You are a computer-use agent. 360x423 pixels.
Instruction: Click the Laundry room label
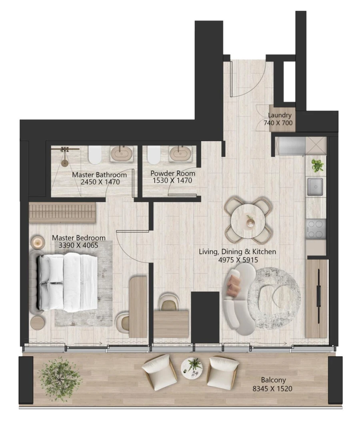pyautogui.click(x=280, y=116)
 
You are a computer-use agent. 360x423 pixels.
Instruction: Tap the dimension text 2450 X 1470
pyautogui.click(x=100, y=182)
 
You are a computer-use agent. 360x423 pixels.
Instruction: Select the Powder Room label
pyautogui.click(x=173, y=174)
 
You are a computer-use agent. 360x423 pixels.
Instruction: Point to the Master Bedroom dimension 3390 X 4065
pyautogui.click(x=78, y=245)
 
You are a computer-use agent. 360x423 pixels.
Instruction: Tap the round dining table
pyautogui.click(x=248, y=220)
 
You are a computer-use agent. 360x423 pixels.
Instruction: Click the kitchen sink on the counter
pyautogui.click(x=316, y=186)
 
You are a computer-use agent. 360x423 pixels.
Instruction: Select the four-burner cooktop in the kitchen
pyautogui.click(x=316, y=229)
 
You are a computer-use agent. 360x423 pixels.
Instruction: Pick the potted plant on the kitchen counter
pyautogui.click(x=318, y=165)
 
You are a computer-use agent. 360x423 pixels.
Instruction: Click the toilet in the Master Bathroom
pyautogui.click(x=94, y=155)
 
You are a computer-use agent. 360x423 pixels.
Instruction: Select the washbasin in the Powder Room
pyautogui.click(x=180, y=153)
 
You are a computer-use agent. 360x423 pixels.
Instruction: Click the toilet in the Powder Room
pyautogui.click(x=153, y=155)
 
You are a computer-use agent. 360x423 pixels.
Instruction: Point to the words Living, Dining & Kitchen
pyautogui.click(x=238, y=251)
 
